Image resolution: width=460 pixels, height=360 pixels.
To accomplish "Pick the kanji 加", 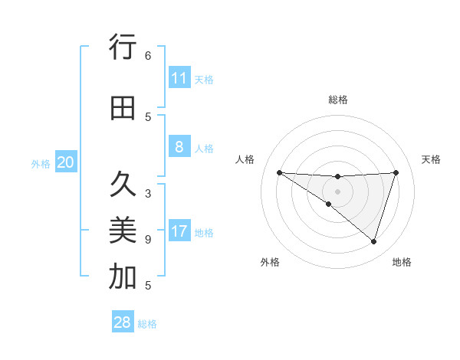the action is (122, 277).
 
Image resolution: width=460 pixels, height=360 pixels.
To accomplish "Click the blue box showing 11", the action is (179, 78).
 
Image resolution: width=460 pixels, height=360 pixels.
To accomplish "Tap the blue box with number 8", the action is (179, 148).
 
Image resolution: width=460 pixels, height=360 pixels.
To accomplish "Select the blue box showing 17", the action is (179, 231).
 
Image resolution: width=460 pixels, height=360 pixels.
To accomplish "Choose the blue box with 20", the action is (65, 162).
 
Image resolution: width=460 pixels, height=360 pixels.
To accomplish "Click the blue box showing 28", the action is (123, 322).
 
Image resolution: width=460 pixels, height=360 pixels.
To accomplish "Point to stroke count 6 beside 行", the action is (148, 56).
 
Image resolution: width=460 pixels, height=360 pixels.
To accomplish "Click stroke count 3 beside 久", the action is (148, 193).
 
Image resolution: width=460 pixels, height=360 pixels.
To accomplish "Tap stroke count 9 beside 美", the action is (148, 240).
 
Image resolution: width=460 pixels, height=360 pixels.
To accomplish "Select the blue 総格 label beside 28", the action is (147, 324).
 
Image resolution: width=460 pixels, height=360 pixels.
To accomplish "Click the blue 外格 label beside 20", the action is (41, 164).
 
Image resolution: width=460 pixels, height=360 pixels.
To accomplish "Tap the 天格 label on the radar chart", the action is (431, 159).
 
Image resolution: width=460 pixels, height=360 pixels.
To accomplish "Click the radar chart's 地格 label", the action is (402, 262).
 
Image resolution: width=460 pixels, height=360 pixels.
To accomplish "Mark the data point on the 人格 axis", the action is (279, 172).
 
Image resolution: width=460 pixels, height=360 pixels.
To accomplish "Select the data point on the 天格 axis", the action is (396, 172).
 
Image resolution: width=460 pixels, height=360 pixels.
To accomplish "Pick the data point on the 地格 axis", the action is (373, 241).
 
